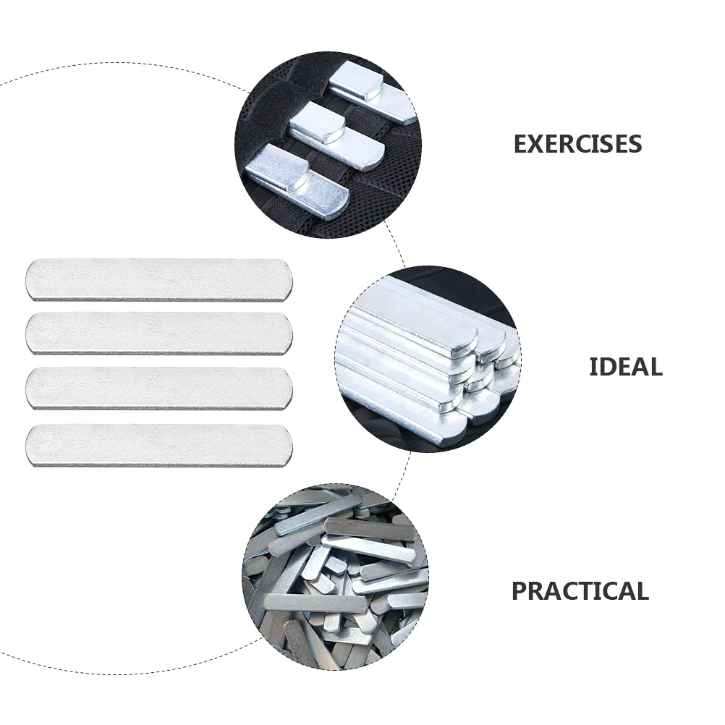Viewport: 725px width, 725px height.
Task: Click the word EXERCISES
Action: click(x=577, y=144)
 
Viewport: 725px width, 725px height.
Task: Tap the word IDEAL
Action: click(x=625, y=367)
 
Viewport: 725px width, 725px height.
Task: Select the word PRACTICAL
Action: click(x=580, y=591)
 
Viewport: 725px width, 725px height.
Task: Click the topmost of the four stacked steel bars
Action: click(x=159, y=279)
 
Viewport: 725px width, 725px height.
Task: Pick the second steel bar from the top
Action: click(x=159, y=333)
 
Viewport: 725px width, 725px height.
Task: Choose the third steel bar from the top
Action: click(x=159, y=388)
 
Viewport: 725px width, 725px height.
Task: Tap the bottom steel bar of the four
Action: click(x=159, y=444)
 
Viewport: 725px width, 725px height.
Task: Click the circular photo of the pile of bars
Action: click(x=334, y=577)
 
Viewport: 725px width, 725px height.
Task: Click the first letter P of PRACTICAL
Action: click(x=520, y=591)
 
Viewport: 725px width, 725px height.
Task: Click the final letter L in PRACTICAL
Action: click(x=641, y=591)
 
